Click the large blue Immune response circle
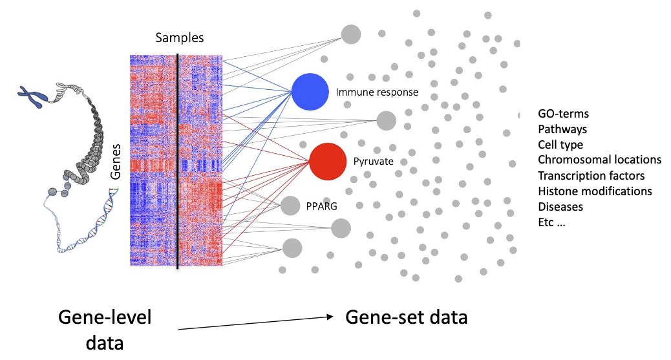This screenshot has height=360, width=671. coord(311,91)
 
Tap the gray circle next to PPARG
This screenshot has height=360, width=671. coord(290,206)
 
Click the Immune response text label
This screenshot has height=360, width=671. coord(377,92)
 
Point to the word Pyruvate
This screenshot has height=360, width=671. coord(373,162)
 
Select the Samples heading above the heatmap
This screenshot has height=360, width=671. coord(179,38)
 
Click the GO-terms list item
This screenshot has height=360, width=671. coord(563,114)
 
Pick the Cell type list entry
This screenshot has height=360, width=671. coord(560,145)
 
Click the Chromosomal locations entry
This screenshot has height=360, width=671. coord(599,160)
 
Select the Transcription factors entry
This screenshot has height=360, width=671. coord(591,175)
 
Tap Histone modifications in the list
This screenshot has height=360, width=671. coord(595,191)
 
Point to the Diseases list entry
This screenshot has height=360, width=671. coord(560,207)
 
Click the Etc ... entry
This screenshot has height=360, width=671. coord(551,222)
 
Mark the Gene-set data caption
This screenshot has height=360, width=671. coord(406,317)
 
